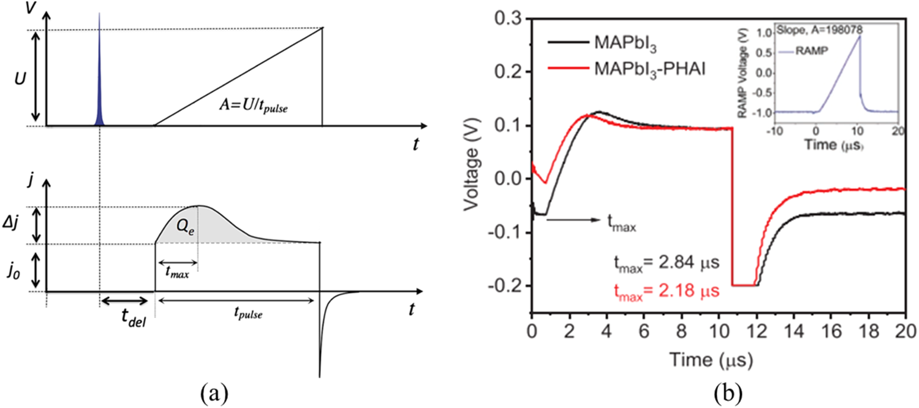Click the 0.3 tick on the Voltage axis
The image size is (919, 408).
point(510,20)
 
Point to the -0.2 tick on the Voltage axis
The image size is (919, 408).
point(508,286)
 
